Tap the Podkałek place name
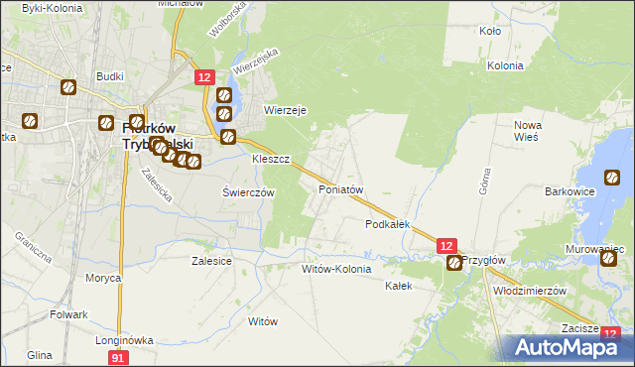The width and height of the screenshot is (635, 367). click(x=388, y=224)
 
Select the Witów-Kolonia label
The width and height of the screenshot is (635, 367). click(x=336, y=269)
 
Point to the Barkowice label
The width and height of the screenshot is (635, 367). click(x=570, y=191)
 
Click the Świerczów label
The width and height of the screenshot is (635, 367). click(x=247, y=192)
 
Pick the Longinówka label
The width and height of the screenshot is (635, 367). click(x=123, y=339)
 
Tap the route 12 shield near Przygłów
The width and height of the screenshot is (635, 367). click(x=446, y=245)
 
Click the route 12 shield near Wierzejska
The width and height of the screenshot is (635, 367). click(x=203, y=77)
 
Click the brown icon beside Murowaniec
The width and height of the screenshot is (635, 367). click(x=608, y=258)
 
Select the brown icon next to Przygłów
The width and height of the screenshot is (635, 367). click(x=454, y=263)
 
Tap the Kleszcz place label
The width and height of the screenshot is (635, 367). click(x=270, y=159)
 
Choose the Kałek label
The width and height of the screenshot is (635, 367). click(x=398, y=285)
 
